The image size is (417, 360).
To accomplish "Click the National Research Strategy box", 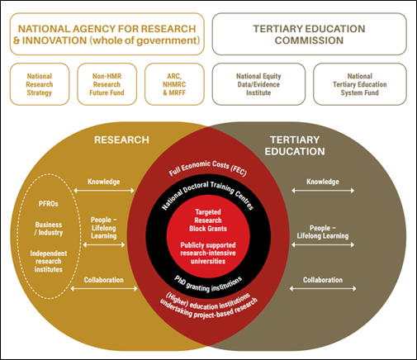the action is pyautogui.click(x=40, y=84).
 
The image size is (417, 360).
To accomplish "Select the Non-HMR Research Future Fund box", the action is pyautogui.click(x=107, y=84).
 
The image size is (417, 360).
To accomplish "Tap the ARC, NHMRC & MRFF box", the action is pyautogui.click(x=174, y=84).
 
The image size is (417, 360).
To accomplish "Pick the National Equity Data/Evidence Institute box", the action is pyautogui.click(x=258, y=84).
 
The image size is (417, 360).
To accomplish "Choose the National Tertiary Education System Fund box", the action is pyautogui.click(x=360, y=84).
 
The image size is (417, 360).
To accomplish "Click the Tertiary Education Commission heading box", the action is pyautogui.click(x=309, y=34).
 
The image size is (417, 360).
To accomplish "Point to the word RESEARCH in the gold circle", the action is pyautogui.click(x=121, y=140).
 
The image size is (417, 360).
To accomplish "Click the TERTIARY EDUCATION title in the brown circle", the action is pyautogui.click(x=295, y=145).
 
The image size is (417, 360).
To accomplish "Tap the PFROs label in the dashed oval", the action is pyautogui.click(x=49, y=204).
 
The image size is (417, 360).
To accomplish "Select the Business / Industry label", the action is pyautogui.click(x=49, y=229).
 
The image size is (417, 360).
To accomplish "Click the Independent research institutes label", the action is pyautogui.click(x=49, y=261).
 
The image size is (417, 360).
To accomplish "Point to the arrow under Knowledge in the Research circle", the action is pyautogui.click(x=104, y=191).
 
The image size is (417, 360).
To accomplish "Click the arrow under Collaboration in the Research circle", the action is pyautogui.click(x=104, y=288).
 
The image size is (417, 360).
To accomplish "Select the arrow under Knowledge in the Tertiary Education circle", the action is pyautogui.click(x=323, y=191).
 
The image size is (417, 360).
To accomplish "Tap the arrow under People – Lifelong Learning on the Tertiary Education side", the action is pyautogui.click(x=323, y=244).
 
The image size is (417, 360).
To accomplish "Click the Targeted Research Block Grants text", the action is pyautogui.click(x=208, y=220).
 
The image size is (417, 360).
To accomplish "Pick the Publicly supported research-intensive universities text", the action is pyautogui.click(x=208, y=253).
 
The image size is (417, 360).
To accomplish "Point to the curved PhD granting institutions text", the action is pyautogui.click(x=208, y=285).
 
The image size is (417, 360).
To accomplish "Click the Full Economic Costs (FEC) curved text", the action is pyautogui.click(x=208, y=168).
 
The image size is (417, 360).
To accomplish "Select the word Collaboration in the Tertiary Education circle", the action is pyautogui.click(x=323, y=280).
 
